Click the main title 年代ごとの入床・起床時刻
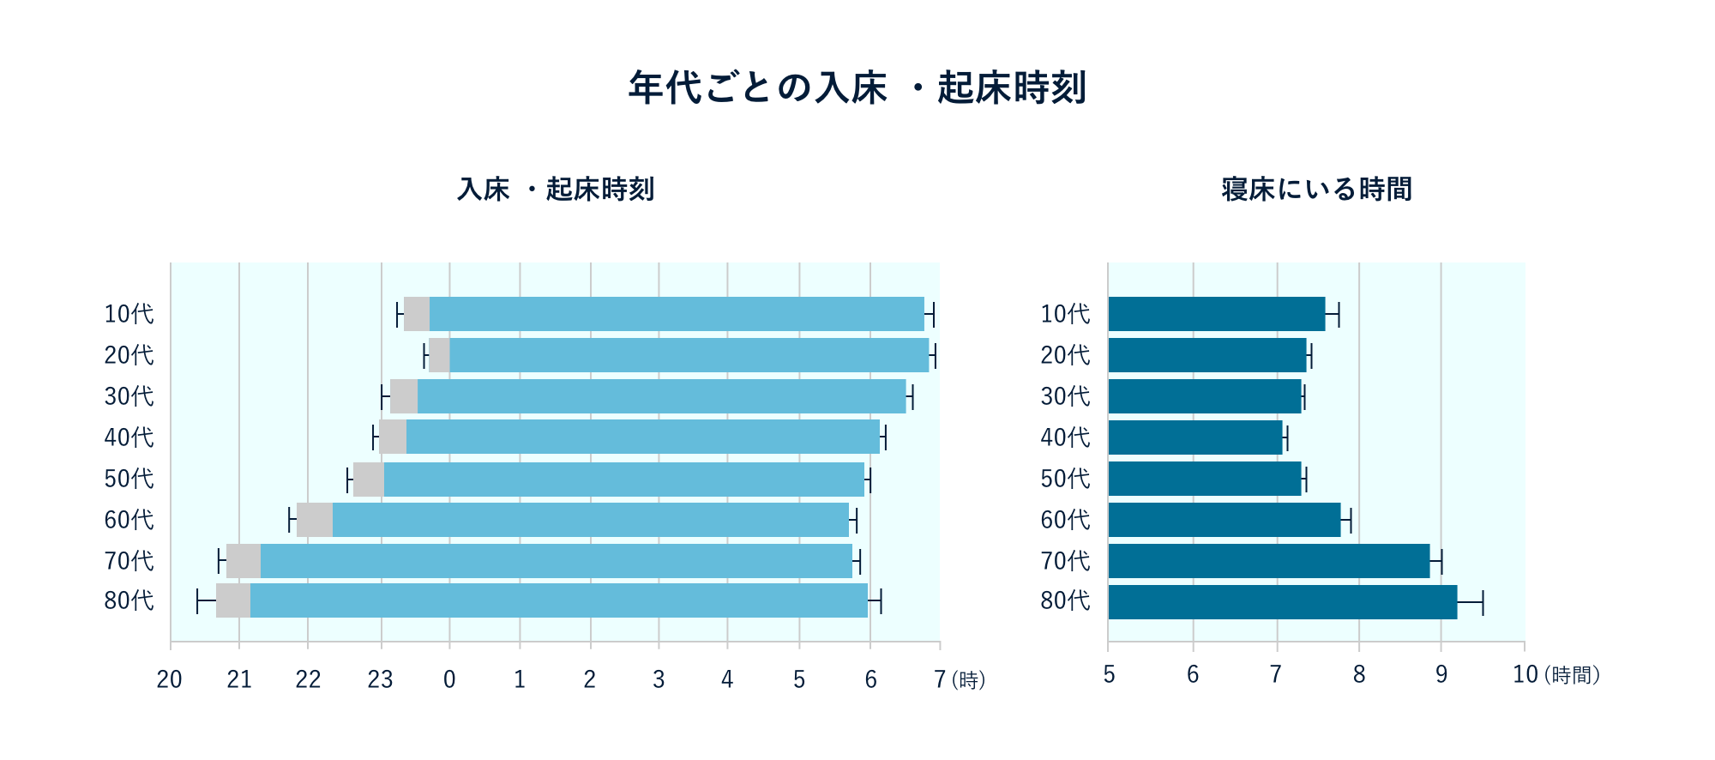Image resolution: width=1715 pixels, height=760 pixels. [857, 87]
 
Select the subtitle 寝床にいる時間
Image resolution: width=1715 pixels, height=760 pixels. [1316, 189]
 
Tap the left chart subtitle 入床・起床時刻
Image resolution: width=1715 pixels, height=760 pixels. [556, 189]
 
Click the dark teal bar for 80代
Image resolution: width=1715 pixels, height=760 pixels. [1282, 602]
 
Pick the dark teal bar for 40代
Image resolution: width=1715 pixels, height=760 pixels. [1194, 437]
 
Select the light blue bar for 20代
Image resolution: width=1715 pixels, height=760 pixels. [689, 355]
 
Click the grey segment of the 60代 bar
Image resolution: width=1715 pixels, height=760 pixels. [314, 520]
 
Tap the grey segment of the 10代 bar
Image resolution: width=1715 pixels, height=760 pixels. [417, 314]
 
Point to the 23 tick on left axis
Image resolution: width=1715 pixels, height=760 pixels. [380, 679]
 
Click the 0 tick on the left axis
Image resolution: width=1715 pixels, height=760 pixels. [449, 679]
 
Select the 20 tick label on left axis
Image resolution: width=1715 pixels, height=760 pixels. [170, 679]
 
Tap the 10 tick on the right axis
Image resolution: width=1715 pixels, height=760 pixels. [1525, 675]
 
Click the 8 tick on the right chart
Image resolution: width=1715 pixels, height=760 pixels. [1359, 675]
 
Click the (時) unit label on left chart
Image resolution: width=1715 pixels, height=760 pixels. [969, 680]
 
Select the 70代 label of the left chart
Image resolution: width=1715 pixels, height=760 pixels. [129, 561]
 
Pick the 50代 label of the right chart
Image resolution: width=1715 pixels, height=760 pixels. [1065, 479]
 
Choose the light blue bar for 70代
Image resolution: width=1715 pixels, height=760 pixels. [556, 561]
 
